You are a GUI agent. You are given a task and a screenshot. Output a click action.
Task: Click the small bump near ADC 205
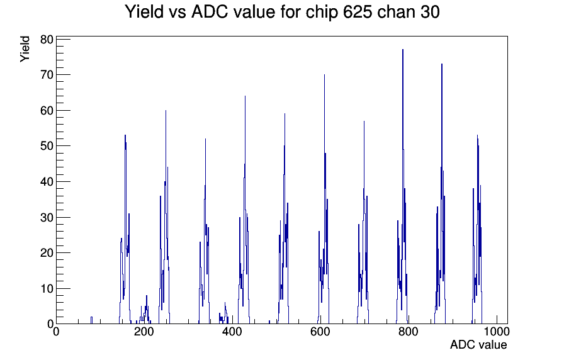pos(147,309)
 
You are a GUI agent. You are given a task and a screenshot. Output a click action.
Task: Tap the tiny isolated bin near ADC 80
pos(91,320)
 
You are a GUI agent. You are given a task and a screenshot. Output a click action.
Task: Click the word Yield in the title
pos(144,12)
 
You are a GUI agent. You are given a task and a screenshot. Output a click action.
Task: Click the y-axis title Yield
pos(25,49)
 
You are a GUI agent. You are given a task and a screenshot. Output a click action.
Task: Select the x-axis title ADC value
pos(478,344)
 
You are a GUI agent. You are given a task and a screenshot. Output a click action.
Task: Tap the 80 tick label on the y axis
pos(47,40)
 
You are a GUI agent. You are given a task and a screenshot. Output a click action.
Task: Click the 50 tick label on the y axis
pos(47,146)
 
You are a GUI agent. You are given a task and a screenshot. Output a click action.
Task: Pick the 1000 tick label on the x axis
pos(497,331)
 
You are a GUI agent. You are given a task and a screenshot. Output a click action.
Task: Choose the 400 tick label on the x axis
pos(232,331)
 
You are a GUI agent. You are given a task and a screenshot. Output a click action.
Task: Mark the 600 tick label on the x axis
pos(320,331)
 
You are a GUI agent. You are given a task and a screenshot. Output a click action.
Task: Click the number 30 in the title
pos(429,12)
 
